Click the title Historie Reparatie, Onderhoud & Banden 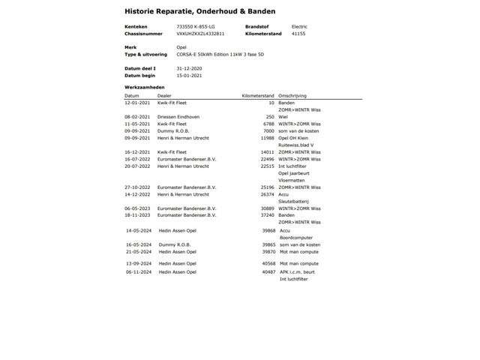pos(199,11)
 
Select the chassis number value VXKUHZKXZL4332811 pos(200,34)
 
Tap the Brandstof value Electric pos(299,26)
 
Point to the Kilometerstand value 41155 pos(298,34)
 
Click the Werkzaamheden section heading pos(145,88)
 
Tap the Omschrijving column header pos(293,96)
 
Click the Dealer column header pos(164,96)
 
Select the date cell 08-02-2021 pos(137,117)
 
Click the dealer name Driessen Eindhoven pos(178,117)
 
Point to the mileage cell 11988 pos(267,138)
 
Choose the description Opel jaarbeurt pos(294,173)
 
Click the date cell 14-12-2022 pos(137,194)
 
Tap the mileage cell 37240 pos(267,215)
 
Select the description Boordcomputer pos(297,238)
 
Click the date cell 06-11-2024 pos(139,272)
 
